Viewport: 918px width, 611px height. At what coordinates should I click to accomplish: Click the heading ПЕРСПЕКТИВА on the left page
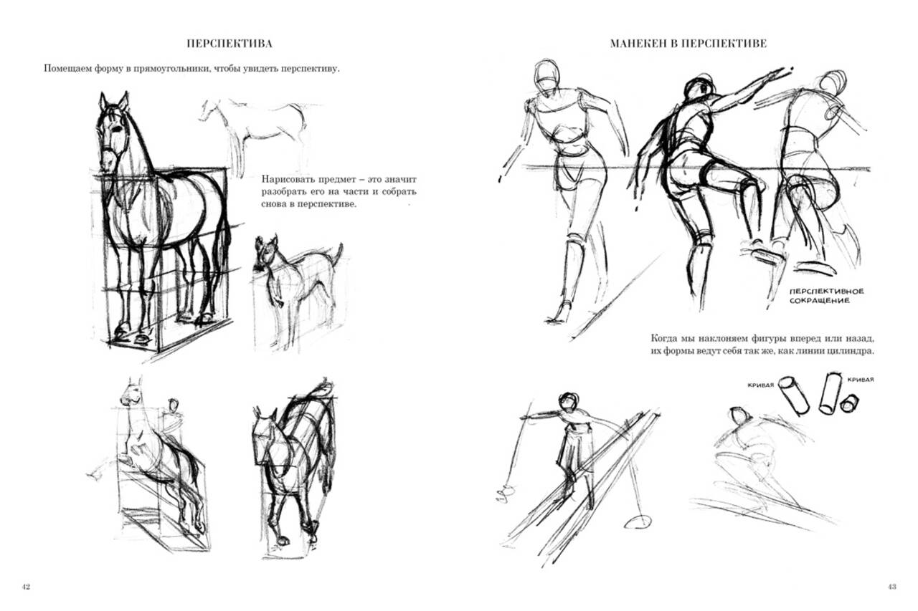pyautogui.click(x=229, y=44)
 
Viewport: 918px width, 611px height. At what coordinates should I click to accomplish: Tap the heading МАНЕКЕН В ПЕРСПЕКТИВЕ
pyautogui.click(x=688, y=44)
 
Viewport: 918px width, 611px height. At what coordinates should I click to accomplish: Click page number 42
pyautogui.click(x=26, y=587)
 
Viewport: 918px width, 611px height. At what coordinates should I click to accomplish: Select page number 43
pyautogui.click(x=891, y=587)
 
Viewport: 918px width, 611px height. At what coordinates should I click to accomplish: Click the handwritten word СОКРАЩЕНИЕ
pyautogui.click(x=820, y=301)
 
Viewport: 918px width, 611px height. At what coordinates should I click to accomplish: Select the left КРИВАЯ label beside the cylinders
pyautogui.click(x=761, y=385)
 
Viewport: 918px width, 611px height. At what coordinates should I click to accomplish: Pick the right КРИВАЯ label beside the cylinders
pyautogui.click(x=861, y=380)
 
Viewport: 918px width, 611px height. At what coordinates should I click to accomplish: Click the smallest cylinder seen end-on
pyautogui.click(x=849, y=403)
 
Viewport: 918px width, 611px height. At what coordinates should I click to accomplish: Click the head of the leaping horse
pyautogui.click(x=131, y=392)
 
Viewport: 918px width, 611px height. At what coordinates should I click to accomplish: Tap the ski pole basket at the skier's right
pyautogui.click(x=638, y=521)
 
